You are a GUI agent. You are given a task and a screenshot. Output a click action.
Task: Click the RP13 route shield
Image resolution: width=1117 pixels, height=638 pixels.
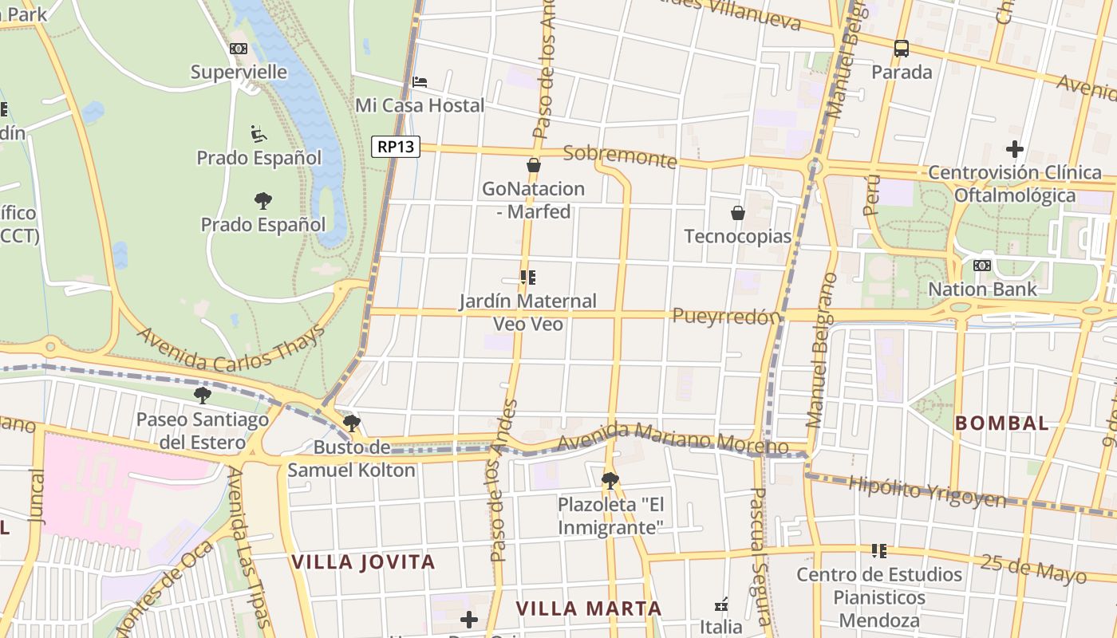click(x=396, y=146)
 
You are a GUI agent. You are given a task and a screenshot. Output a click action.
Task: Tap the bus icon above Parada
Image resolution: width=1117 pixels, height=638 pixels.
click(x=902, y=49)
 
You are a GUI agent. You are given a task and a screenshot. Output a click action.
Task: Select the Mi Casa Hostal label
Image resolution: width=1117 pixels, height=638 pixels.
click(x=420, y=105)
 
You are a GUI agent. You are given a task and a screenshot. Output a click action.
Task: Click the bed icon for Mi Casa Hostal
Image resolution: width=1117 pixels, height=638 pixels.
click(x=420, y=81)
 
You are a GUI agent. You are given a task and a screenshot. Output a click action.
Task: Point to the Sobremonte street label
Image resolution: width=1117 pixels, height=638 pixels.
click(x=620, y=156)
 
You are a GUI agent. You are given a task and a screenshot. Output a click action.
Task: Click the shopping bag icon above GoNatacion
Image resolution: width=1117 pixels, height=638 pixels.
click(x=533, y=166)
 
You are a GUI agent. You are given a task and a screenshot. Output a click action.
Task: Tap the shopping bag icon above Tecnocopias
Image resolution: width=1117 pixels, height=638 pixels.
click(x=738, y=213)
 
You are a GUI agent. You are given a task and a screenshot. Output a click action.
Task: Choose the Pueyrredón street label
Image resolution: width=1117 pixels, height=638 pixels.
click(x=726, y=317)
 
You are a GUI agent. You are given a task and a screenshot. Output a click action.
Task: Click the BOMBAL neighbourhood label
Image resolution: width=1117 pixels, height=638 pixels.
click(x=1002, y=423)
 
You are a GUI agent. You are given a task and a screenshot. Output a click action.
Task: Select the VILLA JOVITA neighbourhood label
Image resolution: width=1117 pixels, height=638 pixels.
click(x=363, y=561)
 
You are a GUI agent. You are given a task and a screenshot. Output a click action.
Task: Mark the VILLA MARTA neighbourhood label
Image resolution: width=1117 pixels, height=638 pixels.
click(x=589, y=608)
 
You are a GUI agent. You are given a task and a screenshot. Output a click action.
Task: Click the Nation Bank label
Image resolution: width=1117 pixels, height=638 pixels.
click(x=983, y=289)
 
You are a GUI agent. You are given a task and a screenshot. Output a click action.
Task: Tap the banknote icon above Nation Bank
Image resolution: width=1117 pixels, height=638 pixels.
click(x=982, y=266)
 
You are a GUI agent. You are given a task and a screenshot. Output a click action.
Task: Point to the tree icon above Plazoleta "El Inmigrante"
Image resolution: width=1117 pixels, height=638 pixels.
click(x=610, y=480)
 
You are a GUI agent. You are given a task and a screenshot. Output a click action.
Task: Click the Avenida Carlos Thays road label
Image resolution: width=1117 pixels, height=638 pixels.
click(x=231, y=349)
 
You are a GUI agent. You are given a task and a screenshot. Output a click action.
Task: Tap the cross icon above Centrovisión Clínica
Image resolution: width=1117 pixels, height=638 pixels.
click(x=1014, y=149)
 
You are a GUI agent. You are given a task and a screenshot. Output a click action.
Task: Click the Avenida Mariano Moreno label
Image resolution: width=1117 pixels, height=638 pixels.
click(x=673, y=438)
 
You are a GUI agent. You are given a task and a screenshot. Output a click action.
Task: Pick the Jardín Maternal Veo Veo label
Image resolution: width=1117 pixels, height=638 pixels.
click(x=527, y=313)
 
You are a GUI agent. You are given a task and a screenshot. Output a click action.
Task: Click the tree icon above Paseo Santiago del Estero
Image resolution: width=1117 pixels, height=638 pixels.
click(x=203, y=395)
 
